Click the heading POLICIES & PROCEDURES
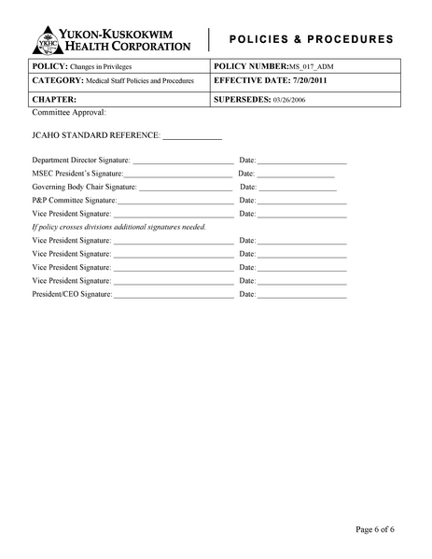coord(311,39)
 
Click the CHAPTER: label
coord(54,97)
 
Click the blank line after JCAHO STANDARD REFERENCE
coord(192,136)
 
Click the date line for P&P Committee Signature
coord(301,202)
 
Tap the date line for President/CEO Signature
coord(301,296)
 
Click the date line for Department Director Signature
coord(301,162)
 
